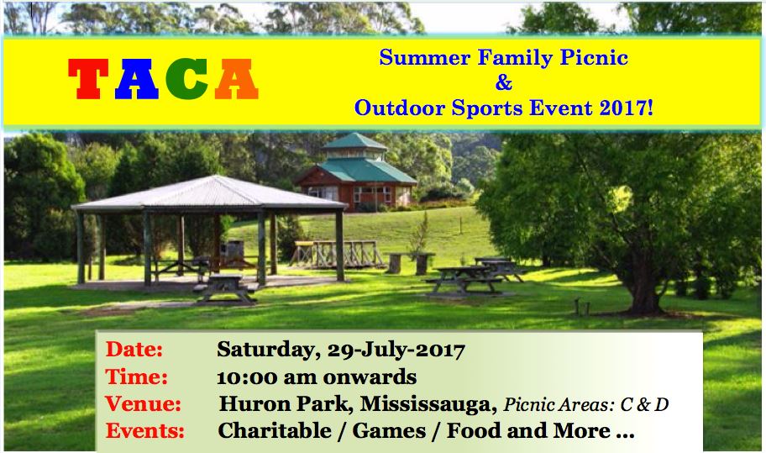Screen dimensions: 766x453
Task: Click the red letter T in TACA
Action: (88, 79)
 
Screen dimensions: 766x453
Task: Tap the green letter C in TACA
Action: (187, 79)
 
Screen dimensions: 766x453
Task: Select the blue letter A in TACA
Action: (137, 79)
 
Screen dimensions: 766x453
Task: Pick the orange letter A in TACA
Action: (237, 79)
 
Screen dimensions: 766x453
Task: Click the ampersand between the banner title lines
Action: (504, 82)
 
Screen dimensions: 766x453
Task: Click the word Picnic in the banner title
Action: (594, 58)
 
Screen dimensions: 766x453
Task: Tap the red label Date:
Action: (134, 350)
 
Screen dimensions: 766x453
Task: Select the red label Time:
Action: (136, 377)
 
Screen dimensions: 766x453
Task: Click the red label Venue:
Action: (143, 403)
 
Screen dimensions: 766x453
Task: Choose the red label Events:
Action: (145, 431)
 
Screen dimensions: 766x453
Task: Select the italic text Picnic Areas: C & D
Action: (585, 404)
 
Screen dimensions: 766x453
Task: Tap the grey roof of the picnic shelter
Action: (210, 193)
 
